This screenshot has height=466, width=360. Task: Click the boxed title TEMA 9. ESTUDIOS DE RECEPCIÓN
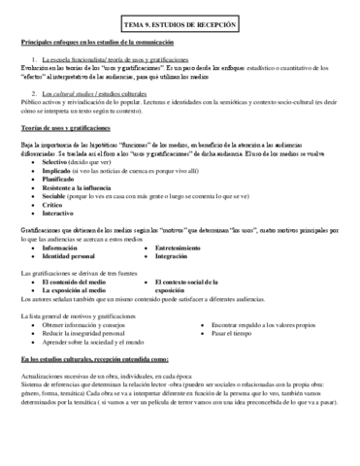click(x=180, y=21)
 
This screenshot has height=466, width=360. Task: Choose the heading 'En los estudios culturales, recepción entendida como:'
click(x=93, y=359)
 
